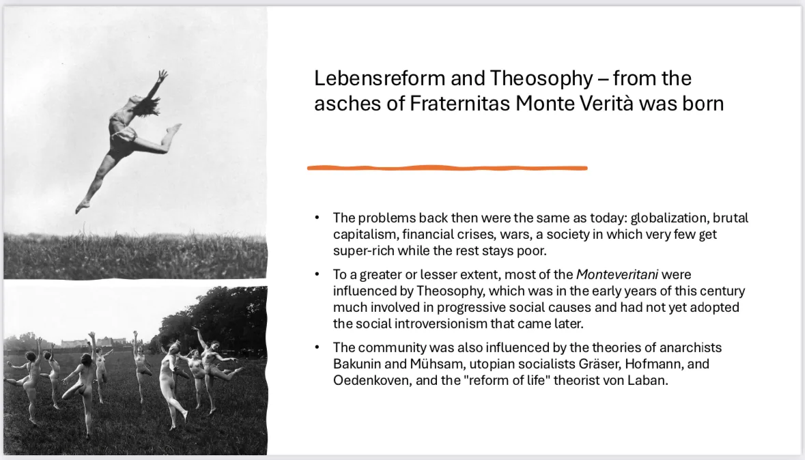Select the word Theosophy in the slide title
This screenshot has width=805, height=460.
pos(541,79)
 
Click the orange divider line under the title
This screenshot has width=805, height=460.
pos(447,168)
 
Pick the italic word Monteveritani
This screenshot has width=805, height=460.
pos(617,274)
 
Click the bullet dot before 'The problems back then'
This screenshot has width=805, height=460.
pos(317,218)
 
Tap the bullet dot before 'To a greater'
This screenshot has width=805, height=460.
pos(317,274)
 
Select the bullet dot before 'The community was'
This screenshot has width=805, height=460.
pos(317,347)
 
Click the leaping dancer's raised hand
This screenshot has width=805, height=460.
pos(163,76)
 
